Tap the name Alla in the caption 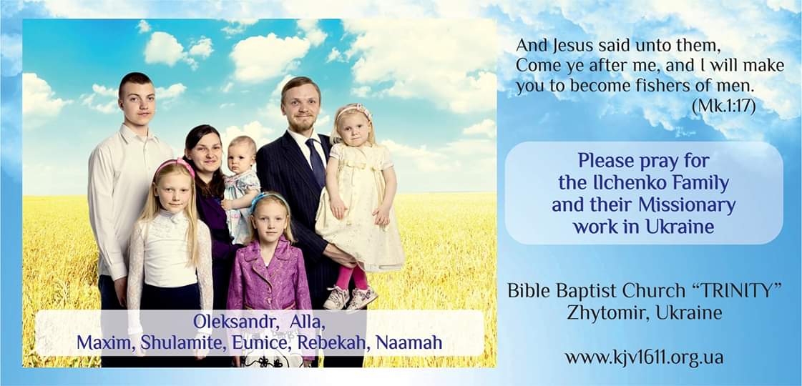coord(307,322)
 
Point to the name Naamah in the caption coord(409,342)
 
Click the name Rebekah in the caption coord(332,342)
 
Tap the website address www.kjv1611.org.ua coord(644,357)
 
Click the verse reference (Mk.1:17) coord(723,107)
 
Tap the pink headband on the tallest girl coord(175,164)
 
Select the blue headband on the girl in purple coord(268,199)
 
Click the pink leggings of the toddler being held coord(352,277)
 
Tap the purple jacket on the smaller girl coord(269,274)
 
